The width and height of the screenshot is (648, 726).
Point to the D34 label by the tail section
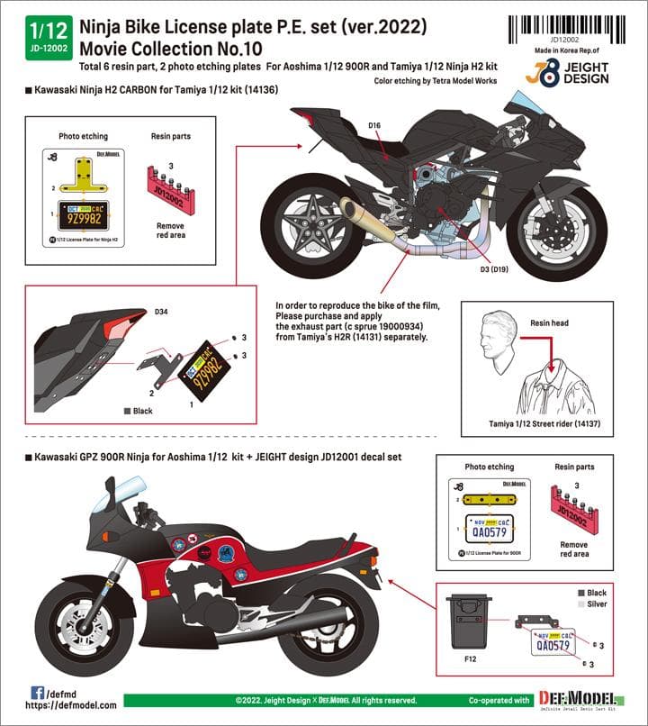click(160, 312)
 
